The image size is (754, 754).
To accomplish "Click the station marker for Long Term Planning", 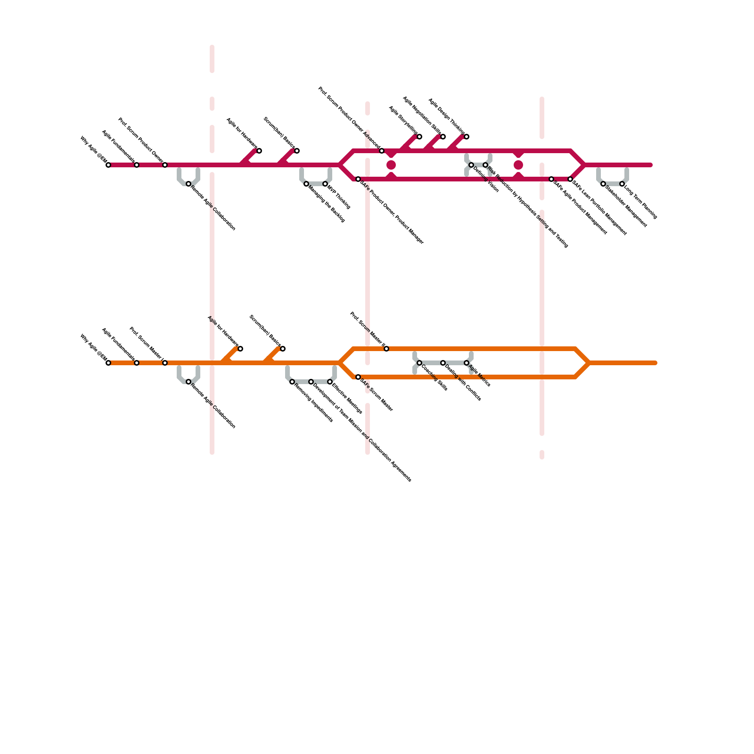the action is coord(622,184).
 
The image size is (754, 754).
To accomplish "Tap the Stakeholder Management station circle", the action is coord(603,184).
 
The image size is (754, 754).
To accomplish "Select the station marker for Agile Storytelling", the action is coord(419,137).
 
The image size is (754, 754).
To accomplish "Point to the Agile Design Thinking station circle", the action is coord(467,137).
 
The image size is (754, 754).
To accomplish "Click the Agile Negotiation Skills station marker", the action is coord(443,137).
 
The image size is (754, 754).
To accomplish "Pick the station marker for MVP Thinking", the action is coord(325,184).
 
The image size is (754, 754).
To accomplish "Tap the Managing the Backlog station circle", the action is coord(306,184).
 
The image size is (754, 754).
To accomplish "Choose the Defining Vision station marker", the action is coord(471,165).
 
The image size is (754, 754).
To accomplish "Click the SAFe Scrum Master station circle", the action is coord(358,377).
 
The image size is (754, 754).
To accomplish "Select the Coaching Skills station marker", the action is coord(419,363).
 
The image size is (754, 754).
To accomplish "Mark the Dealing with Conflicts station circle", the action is coord(443,363).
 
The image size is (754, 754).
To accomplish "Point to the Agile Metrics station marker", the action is coord(467,363).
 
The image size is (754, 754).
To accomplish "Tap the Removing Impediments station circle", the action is coord(292,382).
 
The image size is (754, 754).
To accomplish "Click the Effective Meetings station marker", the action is coord(330,382).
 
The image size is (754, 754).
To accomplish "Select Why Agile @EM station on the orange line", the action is coord(108,363).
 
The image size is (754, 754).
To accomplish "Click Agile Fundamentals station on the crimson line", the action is coord(137,165).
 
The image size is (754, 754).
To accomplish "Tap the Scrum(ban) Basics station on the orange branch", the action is coord(283,349).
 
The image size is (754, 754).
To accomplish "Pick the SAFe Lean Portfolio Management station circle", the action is coord(570,179).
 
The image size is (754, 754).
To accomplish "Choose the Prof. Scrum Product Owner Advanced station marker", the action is coord(382,151).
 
